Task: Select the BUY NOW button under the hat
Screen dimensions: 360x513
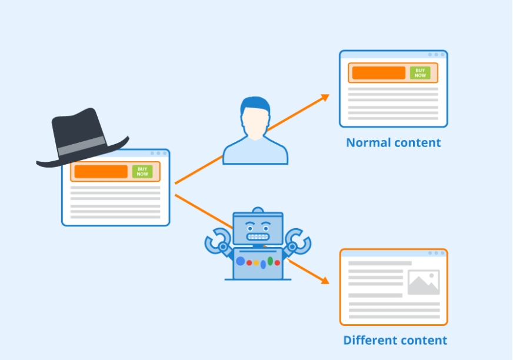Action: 142,171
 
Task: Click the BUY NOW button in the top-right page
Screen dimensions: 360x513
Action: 420,73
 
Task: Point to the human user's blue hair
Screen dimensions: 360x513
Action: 255,106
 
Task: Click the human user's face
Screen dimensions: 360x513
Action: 255,124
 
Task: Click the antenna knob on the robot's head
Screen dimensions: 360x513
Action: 258,209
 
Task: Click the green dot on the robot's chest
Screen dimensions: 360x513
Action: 271,261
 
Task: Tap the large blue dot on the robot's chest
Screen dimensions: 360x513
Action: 241,261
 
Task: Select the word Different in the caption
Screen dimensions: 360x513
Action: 368,341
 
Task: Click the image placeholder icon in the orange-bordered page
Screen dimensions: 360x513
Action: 424,282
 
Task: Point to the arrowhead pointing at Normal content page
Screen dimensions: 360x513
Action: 325,98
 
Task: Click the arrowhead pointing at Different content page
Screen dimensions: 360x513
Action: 324,281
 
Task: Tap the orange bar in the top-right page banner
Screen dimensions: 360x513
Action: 379,73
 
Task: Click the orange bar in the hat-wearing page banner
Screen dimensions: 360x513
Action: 101,171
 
